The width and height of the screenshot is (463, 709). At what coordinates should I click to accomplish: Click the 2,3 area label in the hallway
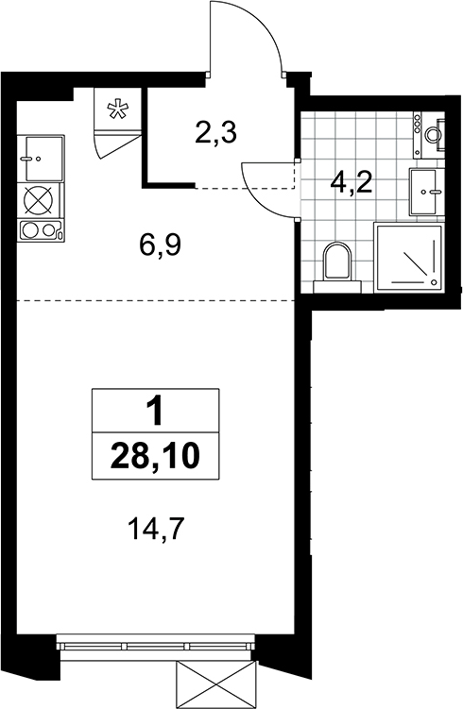[215, 133]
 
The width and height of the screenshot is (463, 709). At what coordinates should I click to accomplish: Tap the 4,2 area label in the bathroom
[351, 183]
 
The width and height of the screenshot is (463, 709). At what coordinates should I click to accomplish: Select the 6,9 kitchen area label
[161, 245]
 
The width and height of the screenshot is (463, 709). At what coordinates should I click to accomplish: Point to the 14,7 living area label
[156, 529]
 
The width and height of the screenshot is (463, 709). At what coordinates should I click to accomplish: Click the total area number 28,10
[155, 456]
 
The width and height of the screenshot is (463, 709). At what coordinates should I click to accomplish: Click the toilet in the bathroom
[337, 268]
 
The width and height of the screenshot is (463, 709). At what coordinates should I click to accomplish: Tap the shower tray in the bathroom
[408, 258]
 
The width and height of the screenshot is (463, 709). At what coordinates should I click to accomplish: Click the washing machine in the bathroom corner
[430, 135]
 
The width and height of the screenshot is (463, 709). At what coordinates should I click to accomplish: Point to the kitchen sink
[41, 159]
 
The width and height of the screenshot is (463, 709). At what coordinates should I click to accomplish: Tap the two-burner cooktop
[41, 230]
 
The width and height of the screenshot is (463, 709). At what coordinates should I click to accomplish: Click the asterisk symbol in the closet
[117, 110]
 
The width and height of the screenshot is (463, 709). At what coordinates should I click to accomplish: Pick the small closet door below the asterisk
[117, 143]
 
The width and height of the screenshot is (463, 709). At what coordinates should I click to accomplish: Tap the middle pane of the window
[158, 647]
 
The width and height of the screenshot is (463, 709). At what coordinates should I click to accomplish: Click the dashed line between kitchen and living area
[156, 300]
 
